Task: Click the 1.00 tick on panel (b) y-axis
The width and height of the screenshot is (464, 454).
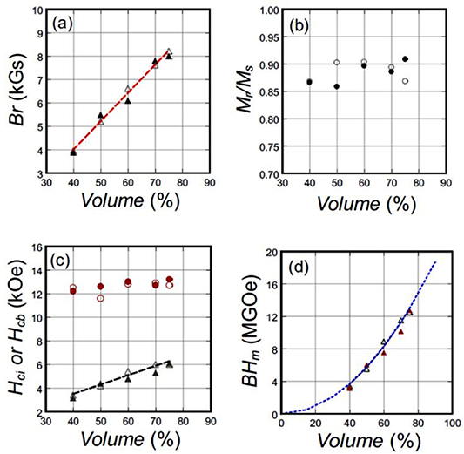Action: [266, 10]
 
